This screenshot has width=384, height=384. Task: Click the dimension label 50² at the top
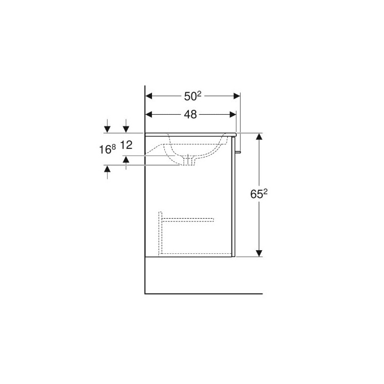192,96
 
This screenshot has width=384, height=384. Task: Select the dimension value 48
190,114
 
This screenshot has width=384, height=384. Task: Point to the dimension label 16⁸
107,149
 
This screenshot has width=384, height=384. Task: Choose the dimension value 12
126,145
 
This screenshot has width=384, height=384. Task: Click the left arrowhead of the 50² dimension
150,96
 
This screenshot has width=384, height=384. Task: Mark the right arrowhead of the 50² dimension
236,96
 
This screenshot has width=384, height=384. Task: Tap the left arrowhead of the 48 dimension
150,114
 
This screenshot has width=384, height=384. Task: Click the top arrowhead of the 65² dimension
259,137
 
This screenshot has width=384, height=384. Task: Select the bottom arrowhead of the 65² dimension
259,252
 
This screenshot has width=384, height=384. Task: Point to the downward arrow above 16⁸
108,129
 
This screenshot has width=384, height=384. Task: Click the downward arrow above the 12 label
126,129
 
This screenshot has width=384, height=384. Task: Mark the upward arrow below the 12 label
126,159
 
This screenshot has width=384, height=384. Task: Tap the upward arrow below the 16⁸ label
108,169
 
